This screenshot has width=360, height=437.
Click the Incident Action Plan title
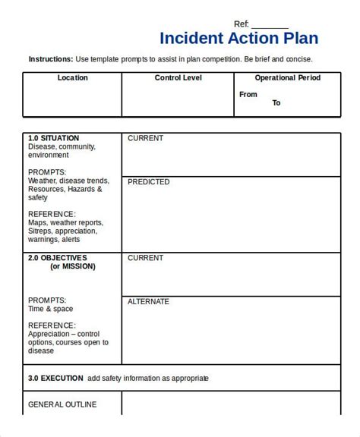click(239, 39)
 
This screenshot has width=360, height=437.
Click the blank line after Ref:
click(270, 24)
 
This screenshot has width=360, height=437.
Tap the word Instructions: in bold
click(51, 59)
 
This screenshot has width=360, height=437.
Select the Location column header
click(72, 77)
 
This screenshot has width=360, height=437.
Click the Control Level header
click(178, 77)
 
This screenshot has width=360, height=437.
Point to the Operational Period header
click(287, 77)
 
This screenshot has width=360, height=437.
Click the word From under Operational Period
click(248, 95)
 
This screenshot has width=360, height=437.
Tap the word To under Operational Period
click(276, 103)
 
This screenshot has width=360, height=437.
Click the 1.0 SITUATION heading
click(53, 139)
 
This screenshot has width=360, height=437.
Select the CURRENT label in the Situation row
click(145, 139)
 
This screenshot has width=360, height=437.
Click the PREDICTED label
click(149, 182)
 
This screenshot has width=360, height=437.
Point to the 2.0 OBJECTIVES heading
click(58, 258)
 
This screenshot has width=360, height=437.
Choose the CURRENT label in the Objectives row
click(145, 258)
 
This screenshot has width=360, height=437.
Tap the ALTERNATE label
click(149, 301)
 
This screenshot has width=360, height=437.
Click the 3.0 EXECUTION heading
click(55, 378)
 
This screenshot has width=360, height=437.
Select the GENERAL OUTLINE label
click(62, 404)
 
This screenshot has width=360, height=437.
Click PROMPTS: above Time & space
click(47, 300)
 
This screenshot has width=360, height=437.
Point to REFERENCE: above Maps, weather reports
click(52, 214)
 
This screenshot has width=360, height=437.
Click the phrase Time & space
click(52, 310)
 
